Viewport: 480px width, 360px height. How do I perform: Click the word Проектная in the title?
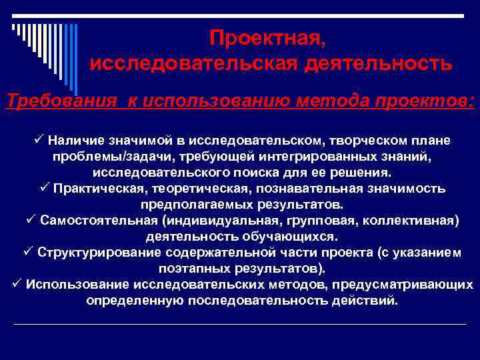click(267, 39)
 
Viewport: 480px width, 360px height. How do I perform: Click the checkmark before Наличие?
click(37, 140)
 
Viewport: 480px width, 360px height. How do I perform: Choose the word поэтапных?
click(193, 268)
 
